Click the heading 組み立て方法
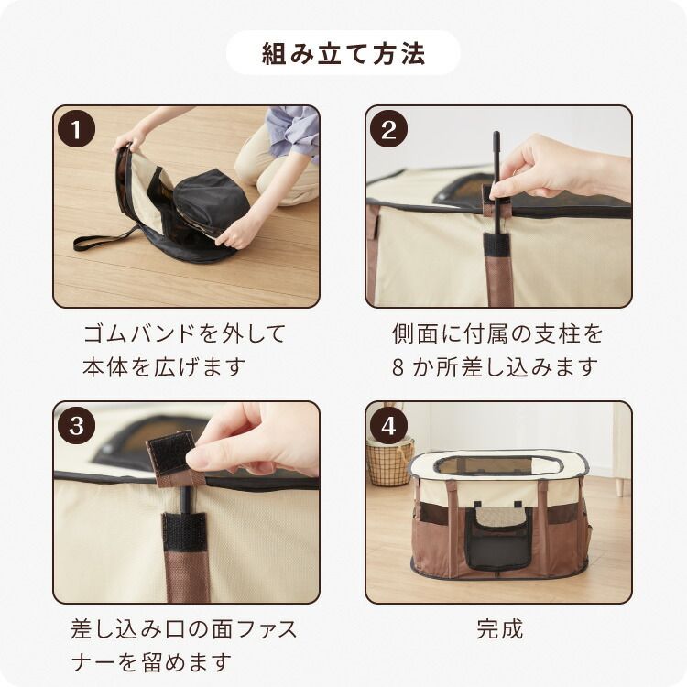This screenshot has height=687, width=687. tap(343, 53)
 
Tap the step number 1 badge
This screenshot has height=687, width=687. tap(76, 129)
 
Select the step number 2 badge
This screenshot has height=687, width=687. tap(388, 129)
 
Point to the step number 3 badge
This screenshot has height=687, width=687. tap(76, 425)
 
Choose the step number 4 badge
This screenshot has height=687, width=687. tap(388, 425)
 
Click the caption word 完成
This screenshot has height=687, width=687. tap(499, 629)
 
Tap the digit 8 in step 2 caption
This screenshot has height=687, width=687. tap(398, 367)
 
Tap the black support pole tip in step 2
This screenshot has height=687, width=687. tap(496, 136)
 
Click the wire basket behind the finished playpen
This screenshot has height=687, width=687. tap(388, 463)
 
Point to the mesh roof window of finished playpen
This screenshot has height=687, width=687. tap(497, 465)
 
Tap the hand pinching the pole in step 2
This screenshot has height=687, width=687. tap(556, 168)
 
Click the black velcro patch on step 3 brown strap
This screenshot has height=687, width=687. tap(184, 532)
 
